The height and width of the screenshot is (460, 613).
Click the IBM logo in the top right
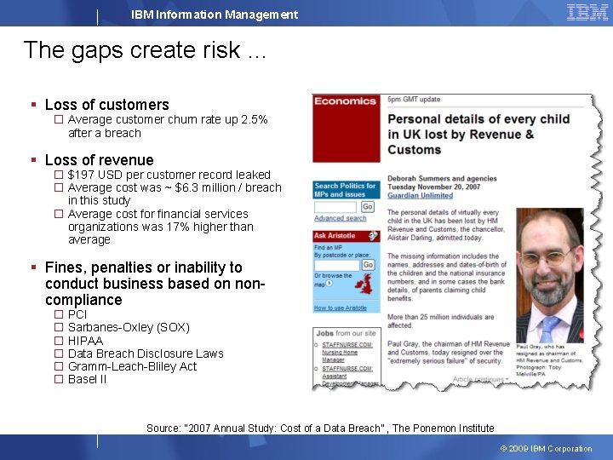587,12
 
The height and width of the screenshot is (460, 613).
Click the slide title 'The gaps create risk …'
145,50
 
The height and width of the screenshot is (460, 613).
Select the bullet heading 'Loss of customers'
106,105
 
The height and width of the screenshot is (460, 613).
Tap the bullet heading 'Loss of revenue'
99,160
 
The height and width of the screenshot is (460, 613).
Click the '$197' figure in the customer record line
82,175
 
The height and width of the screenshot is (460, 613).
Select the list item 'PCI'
77,314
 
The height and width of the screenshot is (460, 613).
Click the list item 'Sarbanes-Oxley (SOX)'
129,327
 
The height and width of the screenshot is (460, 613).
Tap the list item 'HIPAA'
85,341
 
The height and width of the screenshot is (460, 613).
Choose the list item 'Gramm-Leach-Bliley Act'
132,366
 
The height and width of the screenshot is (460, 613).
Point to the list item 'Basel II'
88,379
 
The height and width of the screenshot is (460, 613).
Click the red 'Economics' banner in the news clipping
345,101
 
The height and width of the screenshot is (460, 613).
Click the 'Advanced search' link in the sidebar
340,218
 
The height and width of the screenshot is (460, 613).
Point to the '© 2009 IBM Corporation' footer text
546,449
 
